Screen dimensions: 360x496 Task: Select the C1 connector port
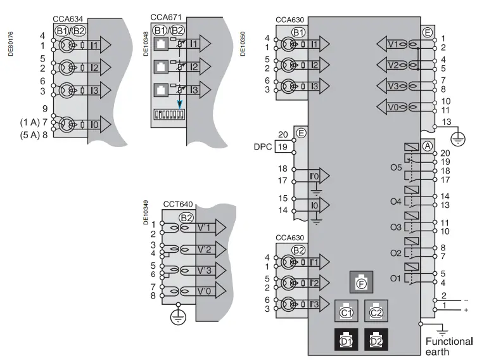(x=346, y=311)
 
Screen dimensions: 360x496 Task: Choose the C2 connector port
(x=376, y=311)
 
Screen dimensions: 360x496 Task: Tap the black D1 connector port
(x=346, y=340)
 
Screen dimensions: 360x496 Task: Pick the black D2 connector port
(x=376, y=340)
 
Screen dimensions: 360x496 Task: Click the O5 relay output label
(x=396, y=168)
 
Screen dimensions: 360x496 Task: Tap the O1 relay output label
(x=396, y=278)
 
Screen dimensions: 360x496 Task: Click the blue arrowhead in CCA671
(x=181, y=103)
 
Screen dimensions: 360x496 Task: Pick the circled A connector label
(x=427, y=145)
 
